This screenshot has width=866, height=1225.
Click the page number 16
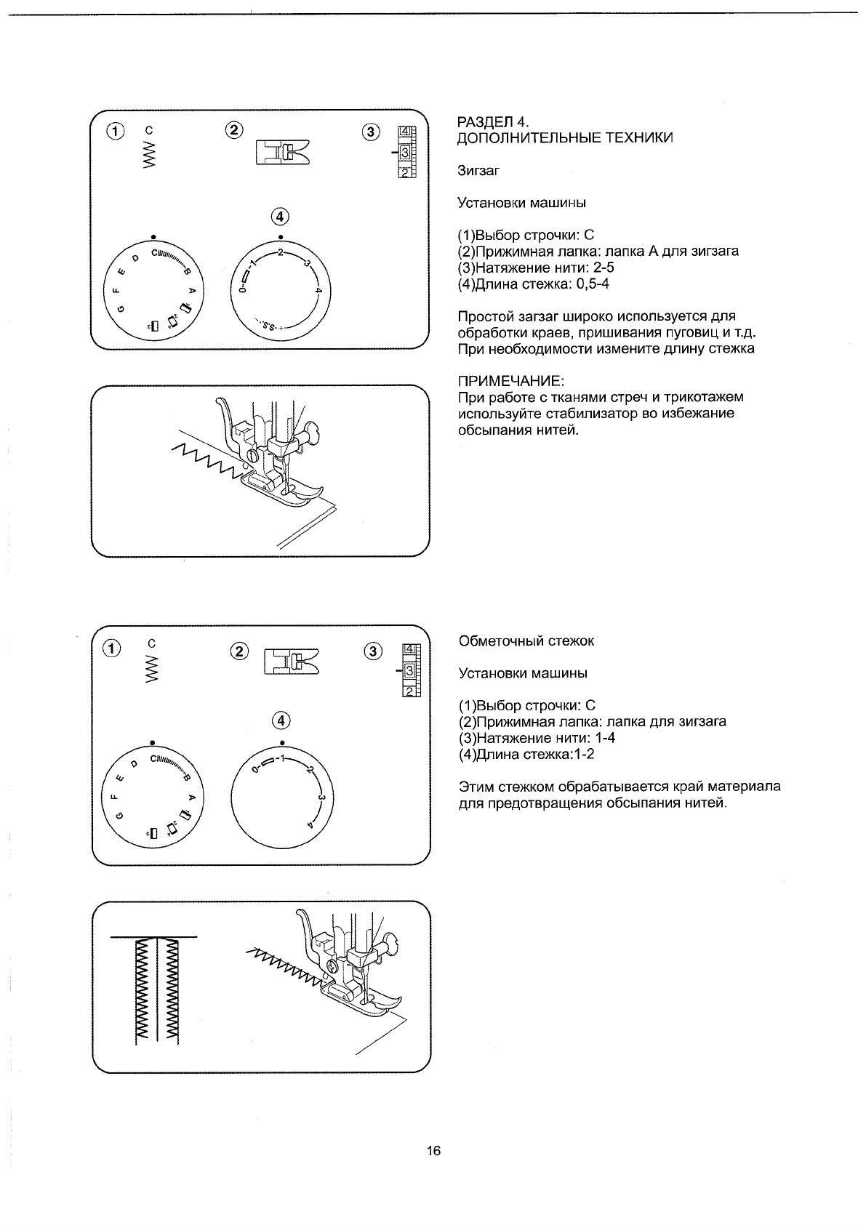433,1151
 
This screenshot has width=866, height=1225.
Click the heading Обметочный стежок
526,640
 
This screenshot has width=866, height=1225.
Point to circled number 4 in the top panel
280,216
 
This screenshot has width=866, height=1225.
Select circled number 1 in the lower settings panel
113,648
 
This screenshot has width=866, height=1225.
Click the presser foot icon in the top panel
281,153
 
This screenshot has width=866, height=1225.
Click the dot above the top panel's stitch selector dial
152,237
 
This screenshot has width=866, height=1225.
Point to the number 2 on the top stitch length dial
280,253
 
